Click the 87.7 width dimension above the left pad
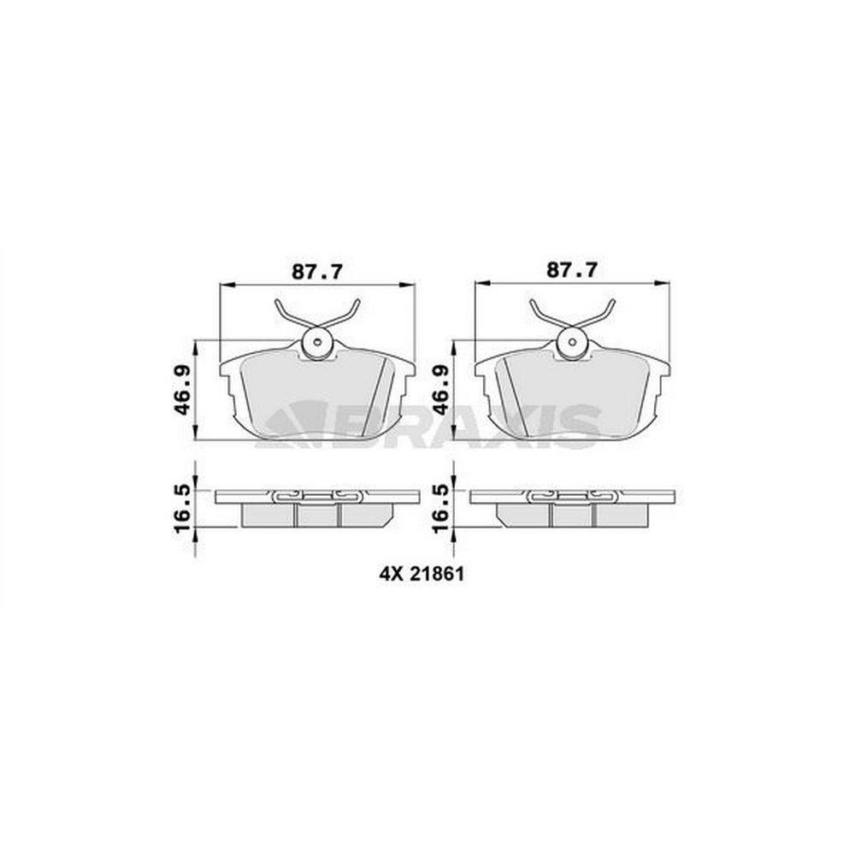[x=317, y=271]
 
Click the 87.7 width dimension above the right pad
[x=572, y=269]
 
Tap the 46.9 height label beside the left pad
[x=181, y=390]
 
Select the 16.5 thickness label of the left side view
[x=182, y=507]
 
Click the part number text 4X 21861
[x=422, y=574]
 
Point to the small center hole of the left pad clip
[x=317, y=343]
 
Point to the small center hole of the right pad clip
[x=573, y=342]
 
